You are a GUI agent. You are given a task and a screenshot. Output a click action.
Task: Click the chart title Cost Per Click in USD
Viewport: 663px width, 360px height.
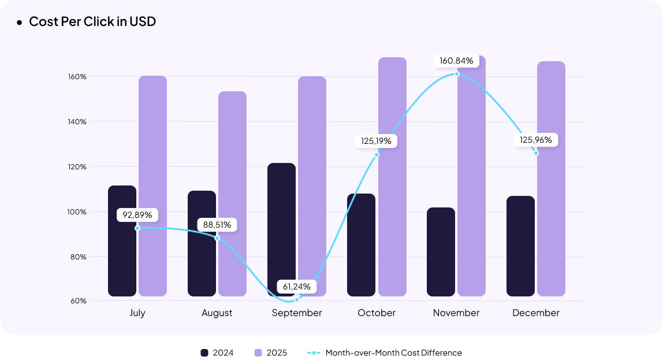click(92, 22)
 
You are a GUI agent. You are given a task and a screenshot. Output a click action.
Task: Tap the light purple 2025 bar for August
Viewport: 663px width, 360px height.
click(232, 194)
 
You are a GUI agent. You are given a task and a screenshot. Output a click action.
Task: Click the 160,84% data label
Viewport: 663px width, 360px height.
click(456, 61)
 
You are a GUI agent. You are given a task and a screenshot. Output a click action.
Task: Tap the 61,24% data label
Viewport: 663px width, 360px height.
click(297, 286)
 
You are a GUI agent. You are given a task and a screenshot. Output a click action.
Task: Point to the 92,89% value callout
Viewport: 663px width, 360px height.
click(137, 215)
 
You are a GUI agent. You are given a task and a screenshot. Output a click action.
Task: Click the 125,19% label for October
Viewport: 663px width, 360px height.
click(377, 141)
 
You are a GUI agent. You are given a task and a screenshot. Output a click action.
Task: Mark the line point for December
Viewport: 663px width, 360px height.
click(536, 153)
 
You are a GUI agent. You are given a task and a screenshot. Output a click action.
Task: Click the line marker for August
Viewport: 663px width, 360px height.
click(217, 238)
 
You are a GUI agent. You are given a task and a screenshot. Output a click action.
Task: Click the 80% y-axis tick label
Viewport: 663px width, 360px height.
click(78, 257)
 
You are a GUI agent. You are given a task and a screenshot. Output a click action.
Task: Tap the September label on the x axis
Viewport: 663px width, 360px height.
click(297, 313)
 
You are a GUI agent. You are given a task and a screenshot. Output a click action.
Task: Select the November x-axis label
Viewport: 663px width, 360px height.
click(456, 313)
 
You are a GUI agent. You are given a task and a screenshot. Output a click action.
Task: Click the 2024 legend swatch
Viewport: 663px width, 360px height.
click(204, 352)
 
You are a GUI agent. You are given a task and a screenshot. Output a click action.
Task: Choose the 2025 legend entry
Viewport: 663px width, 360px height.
click(270, 352)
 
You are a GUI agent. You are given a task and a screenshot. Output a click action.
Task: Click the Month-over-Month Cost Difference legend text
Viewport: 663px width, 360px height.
click(393, 352)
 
